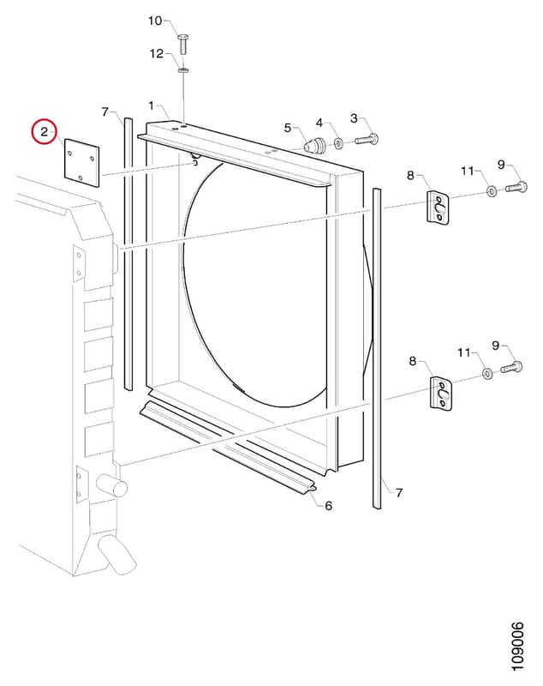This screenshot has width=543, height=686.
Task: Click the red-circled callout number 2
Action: [45, 132]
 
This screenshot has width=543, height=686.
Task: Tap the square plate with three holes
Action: [81, 163]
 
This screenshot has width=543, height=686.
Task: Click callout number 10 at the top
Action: [155, 21]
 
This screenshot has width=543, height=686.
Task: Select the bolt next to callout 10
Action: [183, 45]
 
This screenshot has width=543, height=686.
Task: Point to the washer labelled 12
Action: [183, 70]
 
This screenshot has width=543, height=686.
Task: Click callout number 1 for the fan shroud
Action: [151, 105]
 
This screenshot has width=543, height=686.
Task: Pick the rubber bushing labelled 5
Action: [315, 145]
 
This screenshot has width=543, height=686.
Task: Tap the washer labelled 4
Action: [338, 142]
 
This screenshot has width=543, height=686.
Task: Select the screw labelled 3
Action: [367, 140]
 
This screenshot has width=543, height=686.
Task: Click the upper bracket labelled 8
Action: [439, 207]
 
